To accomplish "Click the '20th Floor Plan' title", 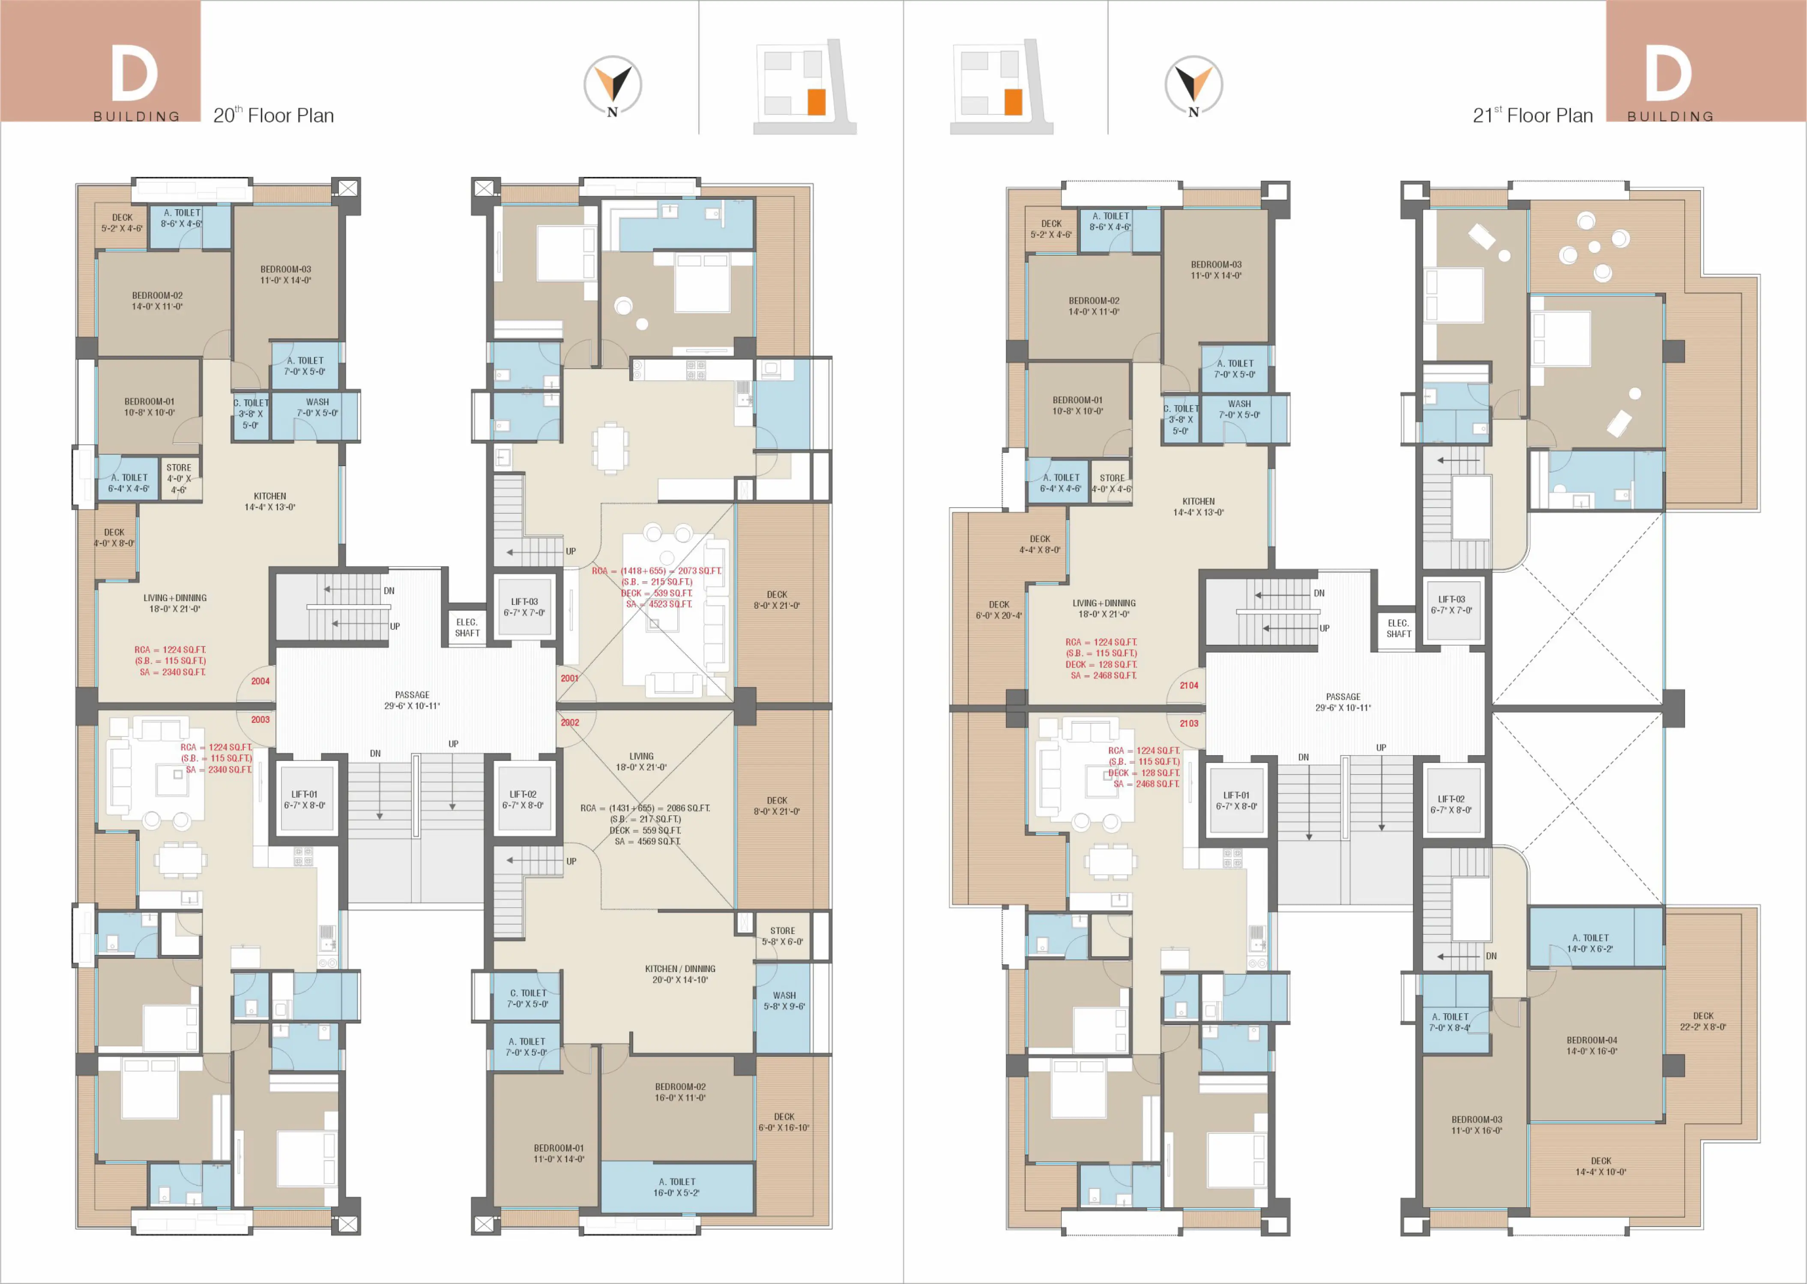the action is pos(273,115).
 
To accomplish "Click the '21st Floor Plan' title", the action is pos(1533,115).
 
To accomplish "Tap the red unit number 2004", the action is pos(260,681).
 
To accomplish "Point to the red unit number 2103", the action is pos(1189,724).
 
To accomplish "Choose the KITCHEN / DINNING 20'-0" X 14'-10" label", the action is pos(680,974).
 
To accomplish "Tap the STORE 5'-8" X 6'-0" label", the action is pos(783,936).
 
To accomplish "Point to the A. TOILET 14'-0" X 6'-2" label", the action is pos(1590,943).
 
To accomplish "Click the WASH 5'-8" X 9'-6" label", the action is pos(784,1001).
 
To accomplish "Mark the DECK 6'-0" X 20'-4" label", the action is pos(999,610).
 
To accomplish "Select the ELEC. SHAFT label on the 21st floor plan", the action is pos(1398,629).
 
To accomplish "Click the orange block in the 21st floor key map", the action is pos(1013,102).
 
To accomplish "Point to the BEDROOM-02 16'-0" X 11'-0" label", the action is pos(680,1092).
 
